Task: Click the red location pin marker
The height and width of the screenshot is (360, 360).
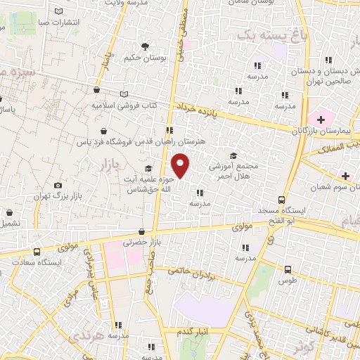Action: (181, 166)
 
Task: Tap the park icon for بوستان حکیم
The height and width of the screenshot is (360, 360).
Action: (145, 47)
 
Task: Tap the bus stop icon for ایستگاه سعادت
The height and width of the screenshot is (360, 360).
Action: (36, 252)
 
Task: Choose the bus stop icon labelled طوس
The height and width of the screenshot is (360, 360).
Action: (288, 269)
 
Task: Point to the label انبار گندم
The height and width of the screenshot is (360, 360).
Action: (193, 330)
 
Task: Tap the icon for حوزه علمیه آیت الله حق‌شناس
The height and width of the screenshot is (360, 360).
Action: (148, 168)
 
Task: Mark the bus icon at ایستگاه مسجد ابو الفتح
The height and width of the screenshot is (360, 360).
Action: (281, 200)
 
